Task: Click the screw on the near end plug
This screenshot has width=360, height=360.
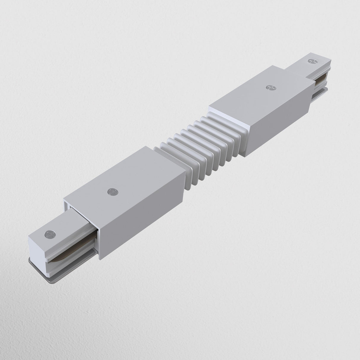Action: point(49,235)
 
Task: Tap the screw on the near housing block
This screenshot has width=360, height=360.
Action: point(112,192)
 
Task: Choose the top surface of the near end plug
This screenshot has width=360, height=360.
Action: point(59,228)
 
